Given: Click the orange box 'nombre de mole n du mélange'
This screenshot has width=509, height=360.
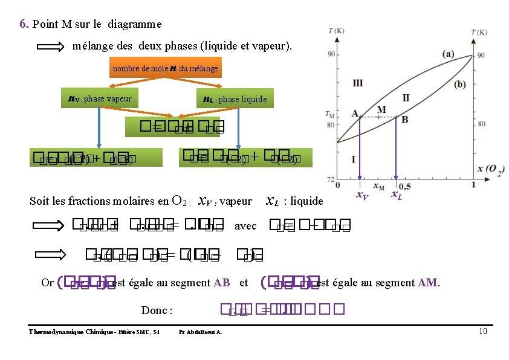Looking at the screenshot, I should pyautogui.click(x=165, y=68).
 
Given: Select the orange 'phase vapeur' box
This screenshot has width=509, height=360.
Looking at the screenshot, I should pyautogui.click(x=99, y=98).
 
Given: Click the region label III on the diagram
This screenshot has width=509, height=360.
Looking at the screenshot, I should pyautogui.click(x=358, y=83).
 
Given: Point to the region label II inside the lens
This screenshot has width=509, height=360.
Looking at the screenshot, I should pyautogui.click(x=406, y=97).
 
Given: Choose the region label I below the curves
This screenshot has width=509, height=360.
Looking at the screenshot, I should pyautogui.click(x=354, y=159).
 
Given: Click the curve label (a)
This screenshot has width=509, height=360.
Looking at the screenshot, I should pyautogui.click(x=448, y=54).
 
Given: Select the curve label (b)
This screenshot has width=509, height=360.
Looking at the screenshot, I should pyautogui.click(x=461, y=84).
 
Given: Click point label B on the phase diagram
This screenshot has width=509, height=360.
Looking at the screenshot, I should pyautogui.click(x=404, y=120).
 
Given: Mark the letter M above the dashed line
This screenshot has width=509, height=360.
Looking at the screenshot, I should pyautogui.click(x=381, y=109).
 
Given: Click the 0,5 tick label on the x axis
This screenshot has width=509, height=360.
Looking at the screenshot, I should pyautogui.click(x=403, y=184).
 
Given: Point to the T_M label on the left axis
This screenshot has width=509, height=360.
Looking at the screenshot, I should pyautogui.click(x=329, y=114).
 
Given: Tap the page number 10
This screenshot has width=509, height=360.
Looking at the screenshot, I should pyautogui.click(x=482, y=331).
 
